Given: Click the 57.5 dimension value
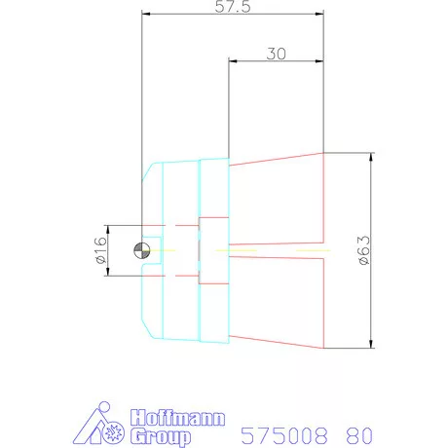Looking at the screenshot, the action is [233, 7].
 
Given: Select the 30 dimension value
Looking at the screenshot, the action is [277, 54].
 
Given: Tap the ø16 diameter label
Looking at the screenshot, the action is [101, 250].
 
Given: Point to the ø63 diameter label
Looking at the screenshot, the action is [364, 250].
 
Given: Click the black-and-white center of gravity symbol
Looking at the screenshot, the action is [142, 250].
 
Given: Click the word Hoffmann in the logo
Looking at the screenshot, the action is [177, 418].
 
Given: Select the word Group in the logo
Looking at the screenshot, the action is [161, 436].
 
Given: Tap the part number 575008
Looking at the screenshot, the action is [284, 435].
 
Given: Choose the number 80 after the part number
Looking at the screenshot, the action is [359, 435].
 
